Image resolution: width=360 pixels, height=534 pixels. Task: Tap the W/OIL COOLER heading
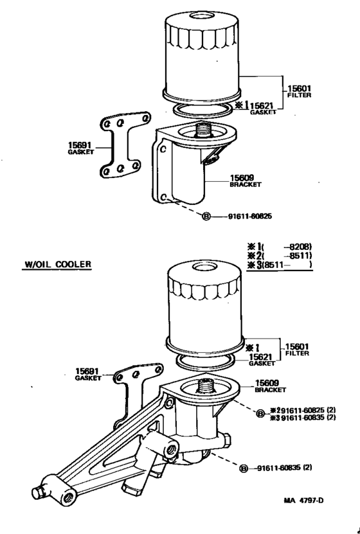[x=57, y=263]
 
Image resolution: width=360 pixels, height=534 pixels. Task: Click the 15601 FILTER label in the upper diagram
[x=299, y=92]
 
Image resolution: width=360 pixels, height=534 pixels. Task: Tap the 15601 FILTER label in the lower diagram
[x=298, y=349]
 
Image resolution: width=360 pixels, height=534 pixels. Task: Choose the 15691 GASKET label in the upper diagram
[x=81, y=148]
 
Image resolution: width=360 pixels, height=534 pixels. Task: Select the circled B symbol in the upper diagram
[x=206, y=217]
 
